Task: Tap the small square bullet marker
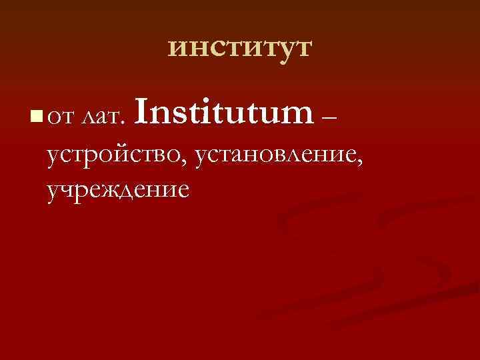35,118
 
